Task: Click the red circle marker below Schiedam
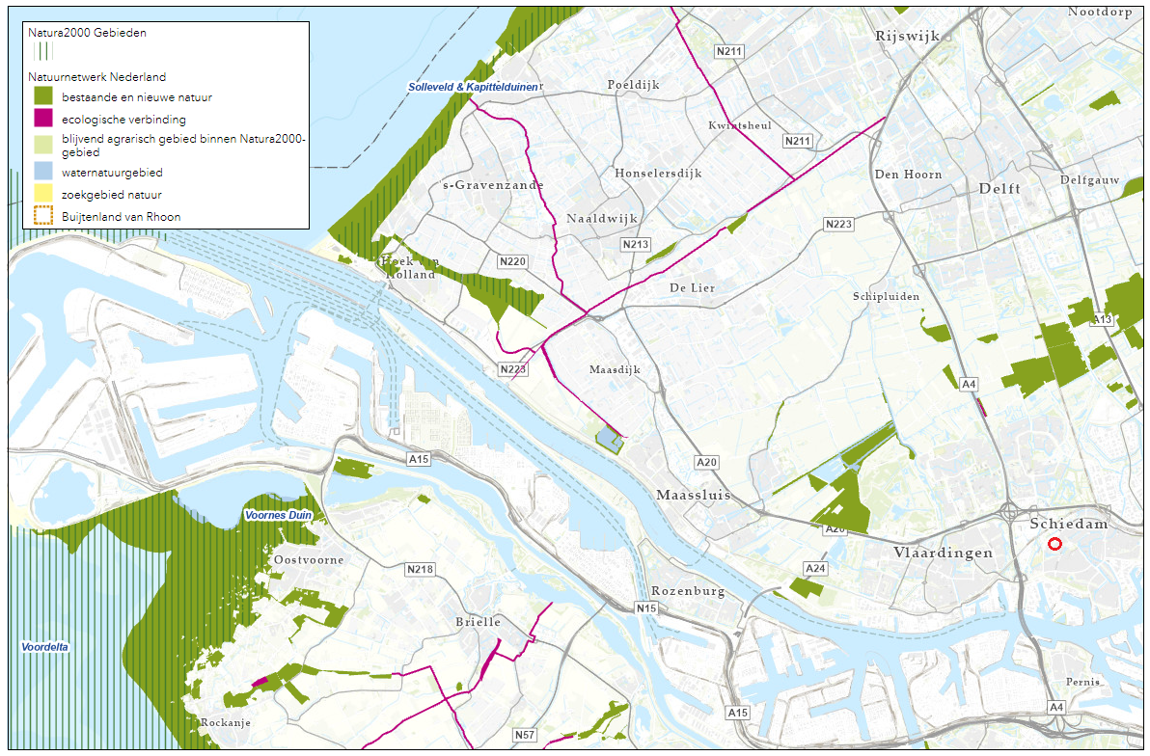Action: [x=1054, y=545]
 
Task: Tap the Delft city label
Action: [x=999, y=189]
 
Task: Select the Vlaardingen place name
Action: [x=943, y=553]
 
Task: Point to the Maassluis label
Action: [x=693, y=495]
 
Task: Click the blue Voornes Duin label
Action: [x=279, y=516]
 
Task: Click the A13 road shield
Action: [x=1103, y=319]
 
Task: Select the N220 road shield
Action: [x=512, y=261]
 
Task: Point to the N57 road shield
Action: [x=524, y=735]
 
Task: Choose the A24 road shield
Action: [x=815, y=568]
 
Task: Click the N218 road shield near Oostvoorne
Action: [x=420, y=569]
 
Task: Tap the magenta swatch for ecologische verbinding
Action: [x=43, y=120]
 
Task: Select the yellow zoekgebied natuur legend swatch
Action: [x=43, y=194]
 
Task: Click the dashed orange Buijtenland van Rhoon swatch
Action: [x=43, y=217]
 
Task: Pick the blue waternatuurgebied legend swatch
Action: [x=43, y=173]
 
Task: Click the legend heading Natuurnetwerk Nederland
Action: [x=96, y=77]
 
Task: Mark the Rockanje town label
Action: [x=226, y=722]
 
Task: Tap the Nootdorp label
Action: [x=1099, y=12]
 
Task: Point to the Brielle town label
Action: [x=478, y=622]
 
